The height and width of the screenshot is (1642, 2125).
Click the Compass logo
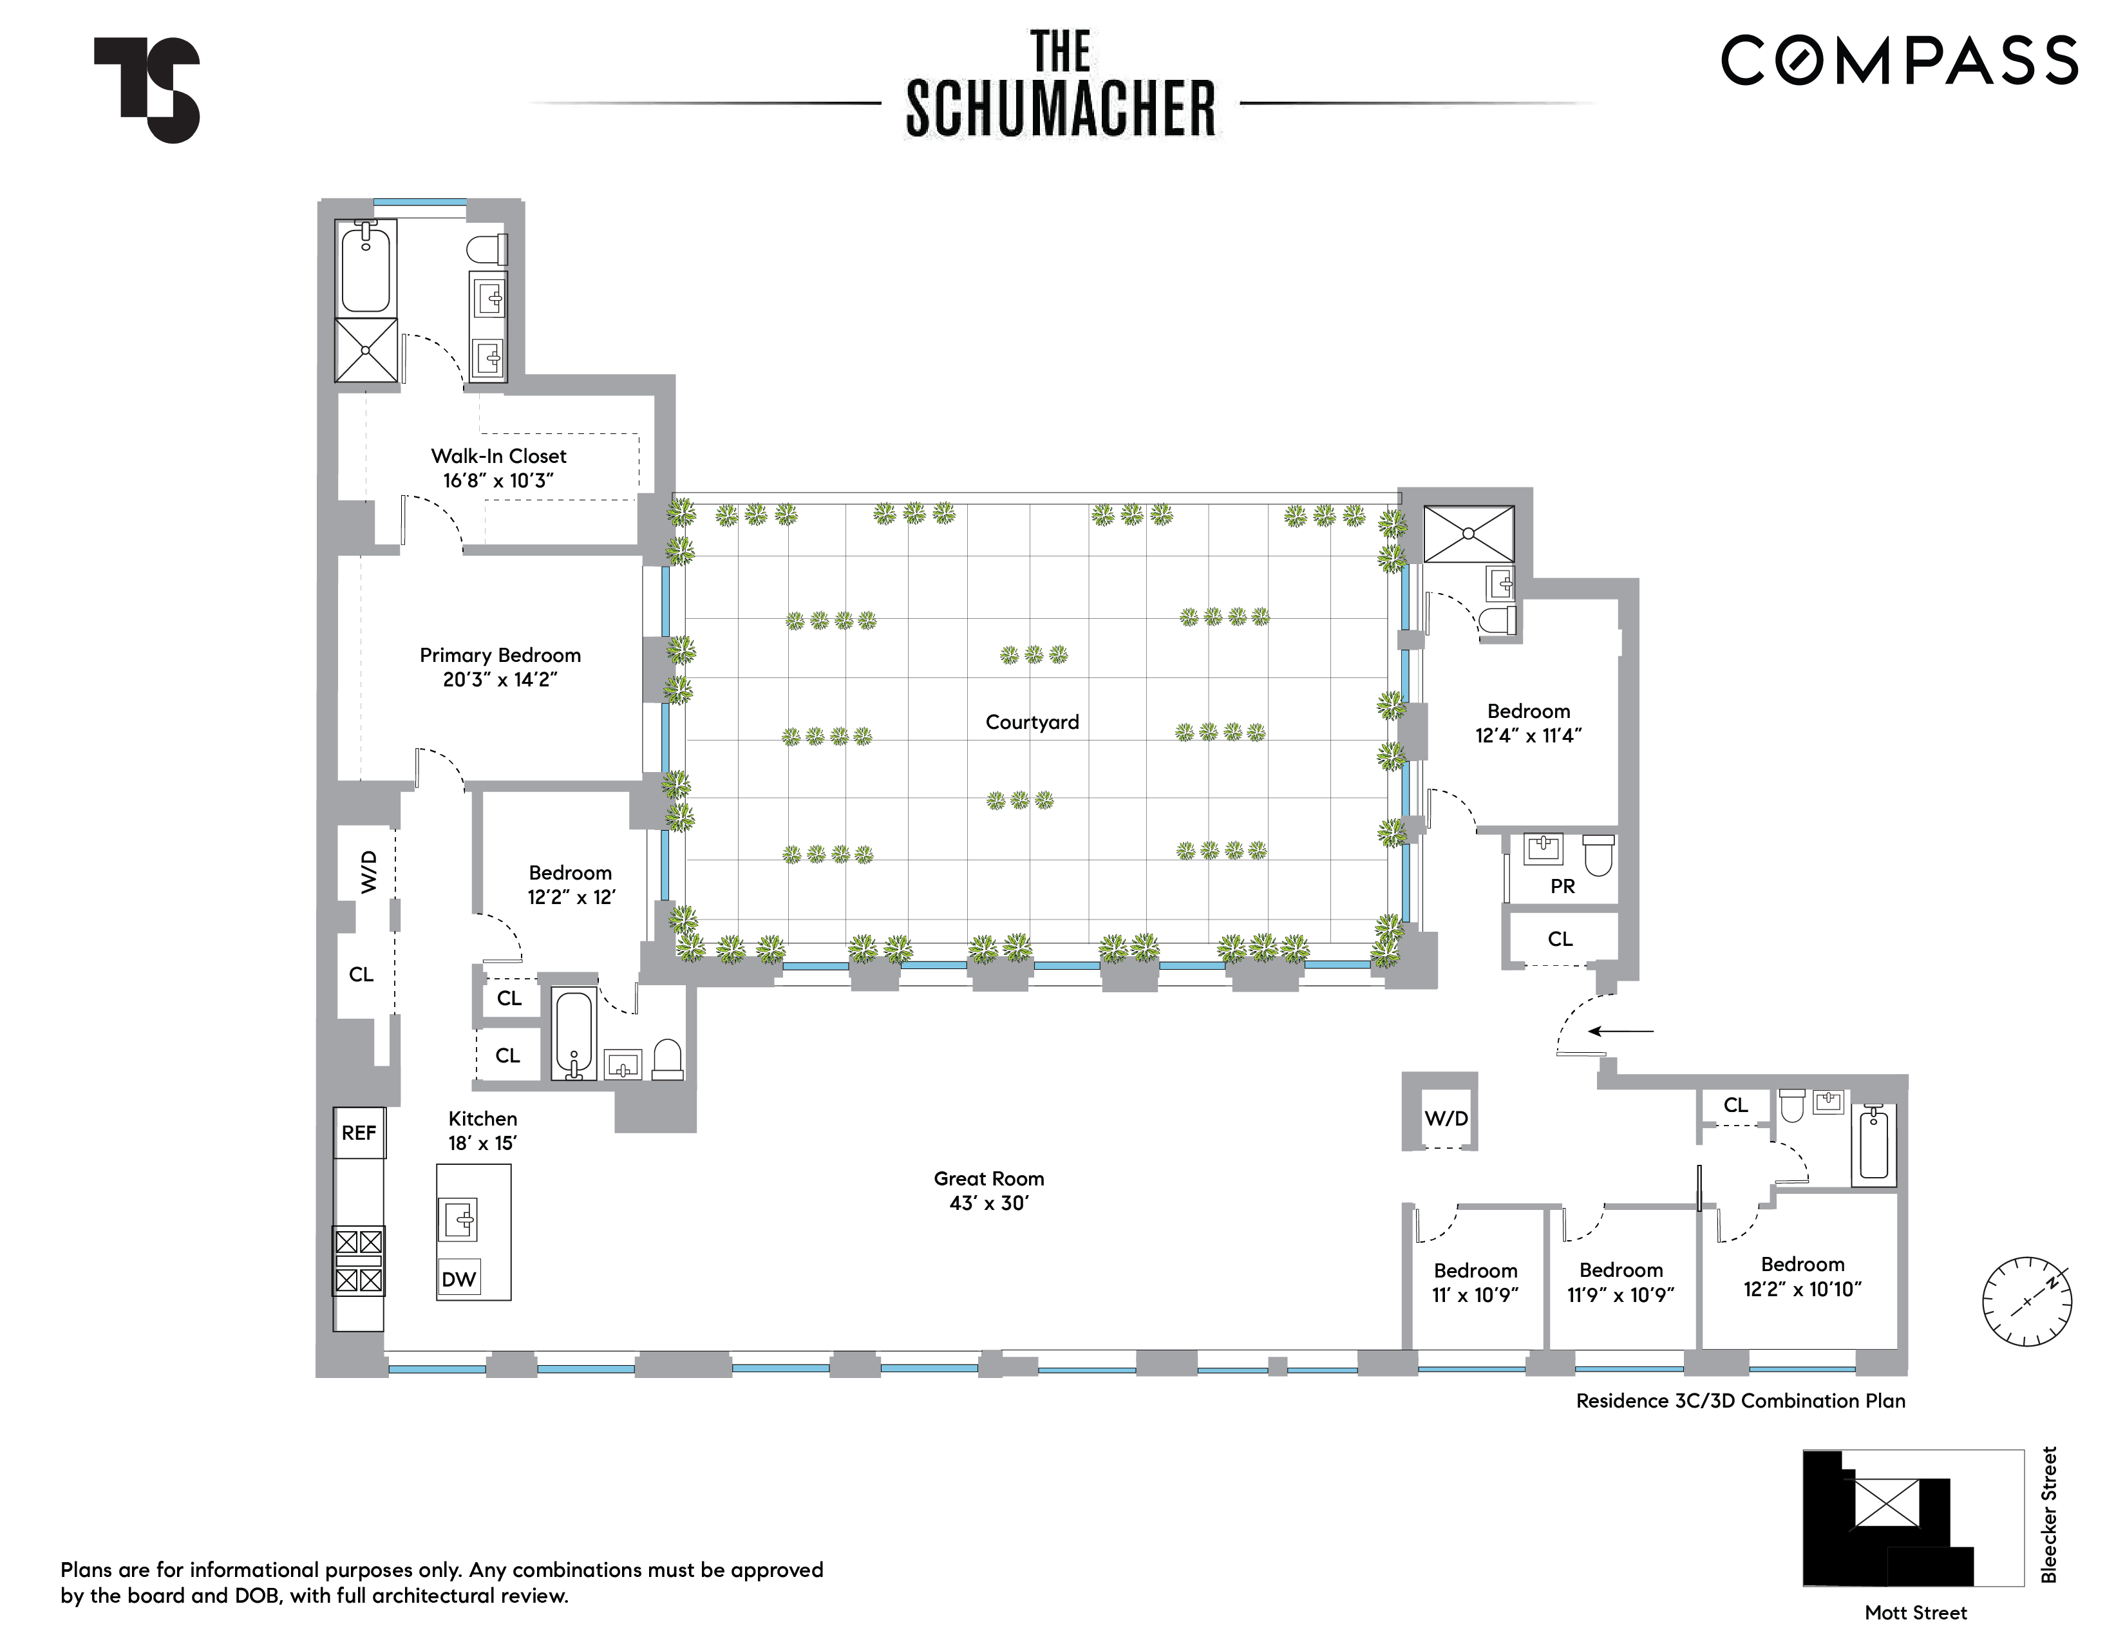pos(1898,61)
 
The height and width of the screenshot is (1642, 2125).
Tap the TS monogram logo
pos(148,90)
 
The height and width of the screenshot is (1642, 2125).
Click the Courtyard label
pos(1032,722)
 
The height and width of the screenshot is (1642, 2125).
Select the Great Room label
pos(988,1191)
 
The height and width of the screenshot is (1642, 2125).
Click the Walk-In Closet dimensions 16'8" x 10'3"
pos(498,480)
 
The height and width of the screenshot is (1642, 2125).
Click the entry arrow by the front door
pos(1620,1031)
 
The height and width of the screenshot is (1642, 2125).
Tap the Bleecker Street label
pos(2048,1515)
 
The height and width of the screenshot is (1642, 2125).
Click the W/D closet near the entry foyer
pos(1445,1118)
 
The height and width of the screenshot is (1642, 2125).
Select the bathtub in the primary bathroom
pos(365,267)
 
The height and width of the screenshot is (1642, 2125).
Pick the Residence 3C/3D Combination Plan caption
pos(1740,1401)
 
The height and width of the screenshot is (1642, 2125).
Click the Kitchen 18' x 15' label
pos(482,1130)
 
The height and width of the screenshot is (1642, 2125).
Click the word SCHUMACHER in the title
pos(1061,108)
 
